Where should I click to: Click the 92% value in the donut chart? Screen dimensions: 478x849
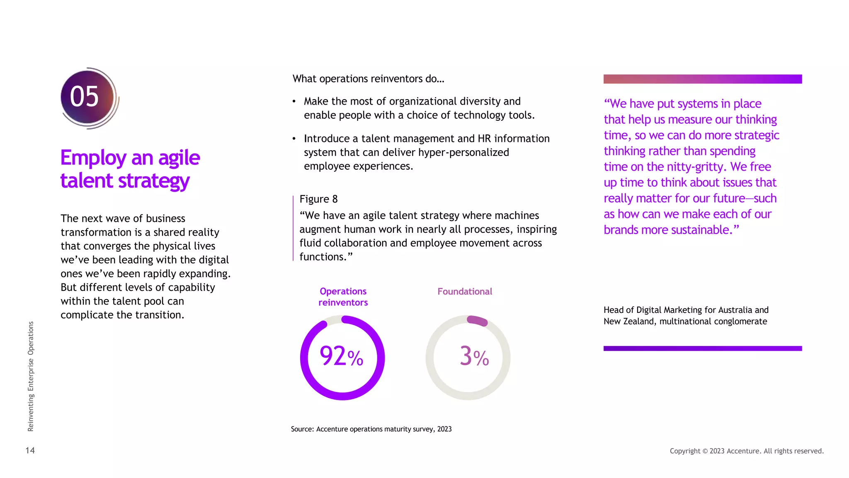[341, 357]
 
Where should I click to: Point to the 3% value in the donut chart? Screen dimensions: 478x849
[474, 357]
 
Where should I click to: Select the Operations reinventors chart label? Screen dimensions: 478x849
[343, 297]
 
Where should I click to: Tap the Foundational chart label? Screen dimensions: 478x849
[465, 291]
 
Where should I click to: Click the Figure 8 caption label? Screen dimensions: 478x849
[318, 199]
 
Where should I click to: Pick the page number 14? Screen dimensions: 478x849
[30, 451]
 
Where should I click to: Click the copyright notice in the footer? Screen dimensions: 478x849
[747, 451]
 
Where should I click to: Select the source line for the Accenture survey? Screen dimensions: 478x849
[371, 429]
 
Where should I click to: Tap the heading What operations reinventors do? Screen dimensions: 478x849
[368, 79]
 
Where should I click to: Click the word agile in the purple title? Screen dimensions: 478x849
[179, 158]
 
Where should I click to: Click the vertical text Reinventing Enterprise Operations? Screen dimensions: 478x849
[31, 376]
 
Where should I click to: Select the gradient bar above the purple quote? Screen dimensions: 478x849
[703, 79]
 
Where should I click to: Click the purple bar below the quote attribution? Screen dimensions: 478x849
[703, 349]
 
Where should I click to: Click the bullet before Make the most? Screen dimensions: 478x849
[294, 102]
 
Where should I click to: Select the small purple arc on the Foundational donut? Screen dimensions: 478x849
[478, 321]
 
